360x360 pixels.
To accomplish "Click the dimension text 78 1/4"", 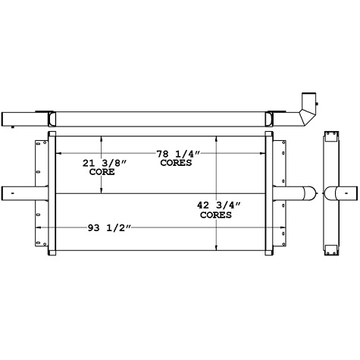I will click(x=174, y=154).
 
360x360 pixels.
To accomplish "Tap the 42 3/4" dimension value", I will click(x=216, y=205).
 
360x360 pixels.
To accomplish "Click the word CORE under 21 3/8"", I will click(x=102, y=172).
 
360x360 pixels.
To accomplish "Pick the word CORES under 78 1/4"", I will click(x=175, y=163).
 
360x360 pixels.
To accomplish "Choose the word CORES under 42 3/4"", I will click(x=216, y=214).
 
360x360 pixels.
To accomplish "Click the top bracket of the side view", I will click(x=331, y=136).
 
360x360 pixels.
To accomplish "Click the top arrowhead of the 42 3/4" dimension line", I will click(x=217, y=139).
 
